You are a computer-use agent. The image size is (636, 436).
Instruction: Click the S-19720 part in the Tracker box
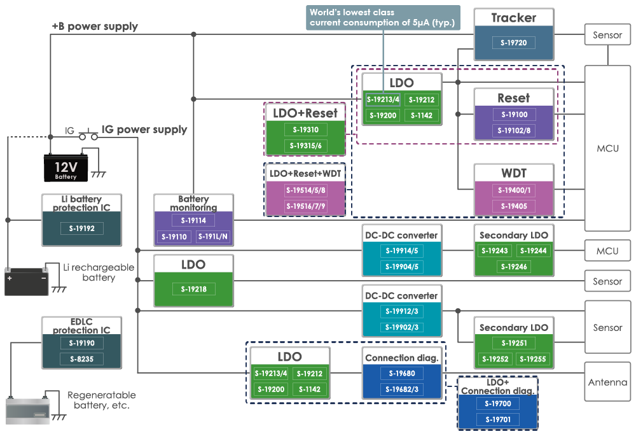(x=513, y=43)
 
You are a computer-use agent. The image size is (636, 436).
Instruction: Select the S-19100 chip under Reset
(x=513, y=115)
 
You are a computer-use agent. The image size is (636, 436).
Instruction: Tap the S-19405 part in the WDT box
(x=513, y=206)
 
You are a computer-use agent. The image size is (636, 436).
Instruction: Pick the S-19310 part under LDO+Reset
(x=305, y=130)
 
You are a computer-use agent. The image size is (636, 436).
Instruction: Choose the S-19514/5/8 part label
(x=305, y=190)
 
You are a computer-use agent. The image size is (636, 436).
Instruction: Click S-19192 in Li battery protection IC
(x=81, y=228)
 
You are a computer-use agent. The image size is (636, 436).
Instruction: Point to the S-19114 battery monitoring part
(x=193, y=220)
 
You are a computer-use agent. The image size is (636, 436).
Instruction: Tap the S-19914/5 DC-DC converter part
(x=401, y=251)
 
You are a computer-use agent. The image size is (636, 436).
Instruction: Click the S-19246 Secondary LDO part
(x=513, y=267)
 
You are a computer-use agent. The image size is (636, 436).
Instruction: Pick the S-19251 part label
(x=513, y=343)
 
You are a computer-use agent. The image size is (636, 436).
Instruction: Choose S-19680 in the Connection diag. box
(x=401, y=374)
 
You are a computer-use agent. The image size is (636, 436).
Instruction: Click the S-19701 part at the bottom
(x=497, y=419)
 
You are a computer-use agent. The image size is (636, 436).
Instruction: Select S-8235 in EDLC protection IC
(x=81, y=359)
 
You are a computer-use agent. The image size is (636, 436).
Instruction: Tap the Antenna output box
(x=607, y=383)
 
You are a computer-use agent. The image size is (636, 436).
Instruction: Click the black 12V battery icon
(x=66, y=168)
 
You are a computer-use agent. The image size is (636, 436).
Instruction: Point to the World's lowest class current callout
(x=382, y=17)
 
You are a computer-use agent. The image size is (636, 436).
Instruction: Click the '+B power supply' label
(x=95, y=27)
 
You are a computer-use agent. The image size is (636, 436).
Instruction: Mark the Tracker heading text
(x=513, y=18)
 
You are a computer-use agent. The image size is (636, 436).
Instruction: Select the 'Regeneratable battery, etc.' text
(x=98, y=400)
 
